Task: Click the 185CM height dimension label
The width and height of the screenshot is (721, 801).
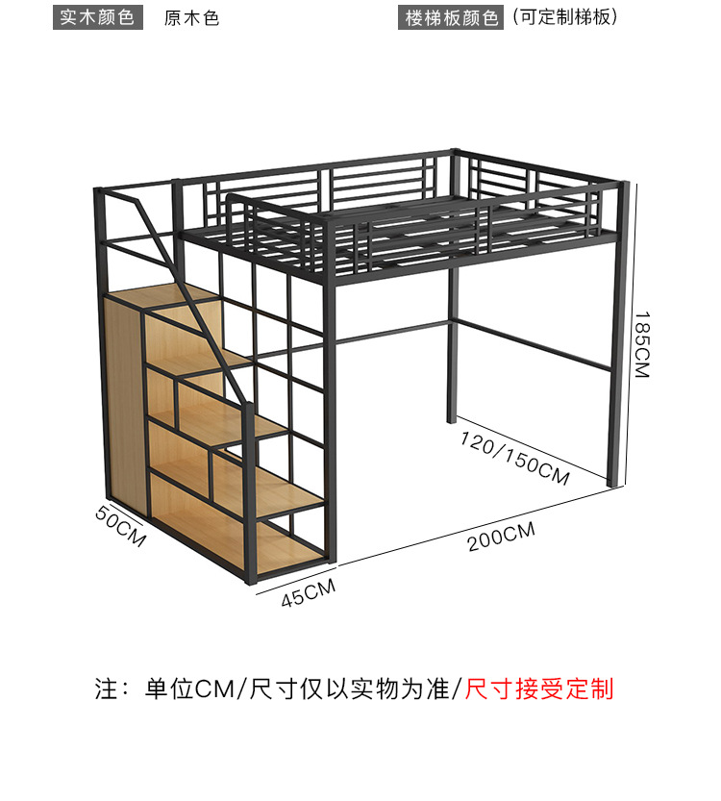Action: click(642, 343)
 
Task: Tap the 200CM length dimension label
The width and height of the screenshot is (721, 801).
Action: click(501, 537)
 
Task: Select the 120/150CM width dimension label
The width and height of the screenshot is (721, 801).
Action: click(514, 458)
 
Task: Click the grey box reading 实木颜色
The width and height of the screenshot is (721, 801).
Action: click(97, 17)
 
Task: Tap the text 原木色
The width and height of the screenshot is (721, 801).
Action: click(192, 18)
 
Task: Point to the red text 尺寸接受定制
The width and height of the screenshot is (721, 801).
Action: click(539, 688)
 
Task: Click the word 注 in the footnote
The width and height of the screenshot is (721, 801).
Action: click(105, 688)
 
